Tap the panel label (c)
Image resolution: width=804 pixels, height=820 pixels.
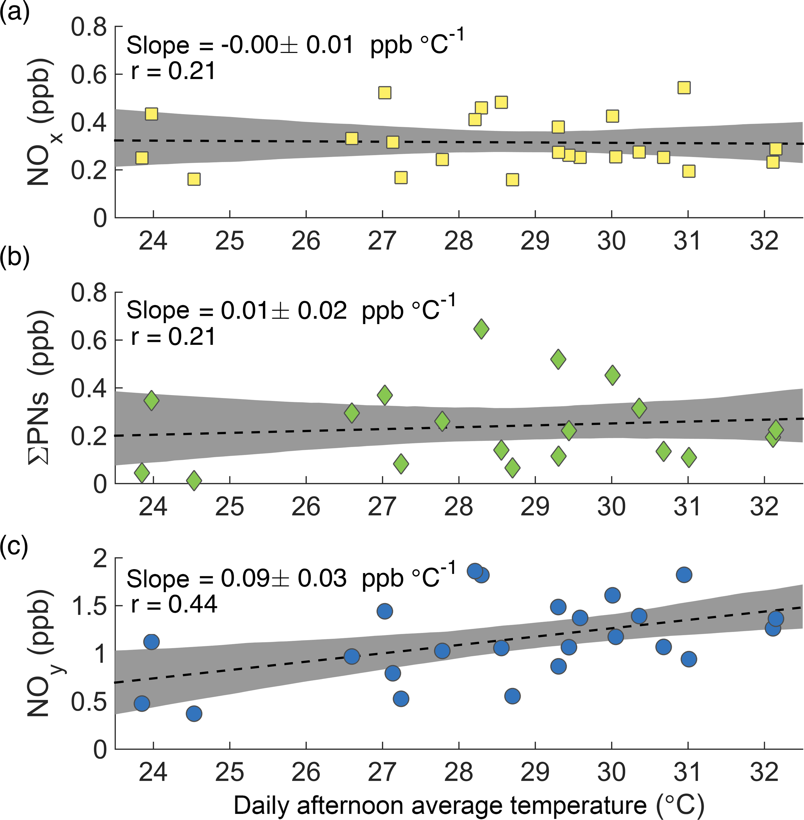point(15,547)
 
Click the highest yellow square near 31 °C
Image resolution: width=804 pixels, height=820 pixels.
point(684,88)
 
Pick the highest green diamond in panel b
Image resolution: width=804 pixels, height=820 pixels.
point(481,329)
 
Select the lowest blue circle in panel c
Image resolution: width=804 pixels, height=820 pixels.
point(194,714)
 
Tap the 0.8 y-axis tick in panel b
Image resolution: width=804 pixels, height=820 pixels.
point(89,292)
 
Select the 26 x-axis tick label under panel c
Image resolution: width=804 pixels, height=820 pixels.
point(306,772)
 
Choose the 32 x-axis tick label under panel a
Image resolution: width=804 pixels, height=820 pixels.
point(764,241)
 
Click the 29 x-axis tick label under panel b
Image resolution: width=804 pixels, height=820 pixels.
point(535,507)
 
